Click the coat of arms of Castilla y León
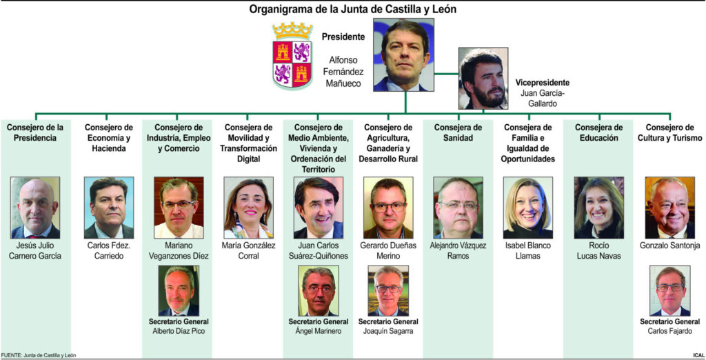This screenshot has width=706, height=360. [293, 54]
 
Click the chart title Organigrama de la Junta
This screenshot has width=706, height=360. [352, 9]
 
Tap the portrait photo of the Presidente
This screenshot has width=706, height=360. [404, 54]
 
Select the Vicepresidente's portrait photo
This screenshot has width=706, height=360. [484, 78]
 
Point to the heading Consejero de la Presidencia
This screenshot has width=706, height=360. [34, 133]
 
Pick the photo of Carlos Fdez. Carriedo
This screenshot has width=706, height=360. [109, 208]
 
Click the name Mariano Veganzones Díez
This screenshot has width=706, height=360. [179, 250]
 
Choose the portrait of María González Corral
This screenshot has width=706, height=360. [248, 208]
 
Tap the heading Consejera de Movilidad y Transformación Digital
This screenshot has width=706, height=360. [248, 143]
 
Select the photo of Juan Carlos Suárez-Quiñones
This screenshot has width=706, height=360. [318, 208]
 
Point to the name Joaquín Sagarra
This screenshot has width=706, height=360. [388, 331]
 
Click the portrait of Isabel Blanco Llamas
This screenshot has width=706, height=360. [527, 208]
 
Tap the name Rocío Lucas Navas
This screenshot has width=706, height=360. [598, 250]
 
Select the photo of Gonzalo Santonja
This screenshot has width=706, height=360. [669, 208]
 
